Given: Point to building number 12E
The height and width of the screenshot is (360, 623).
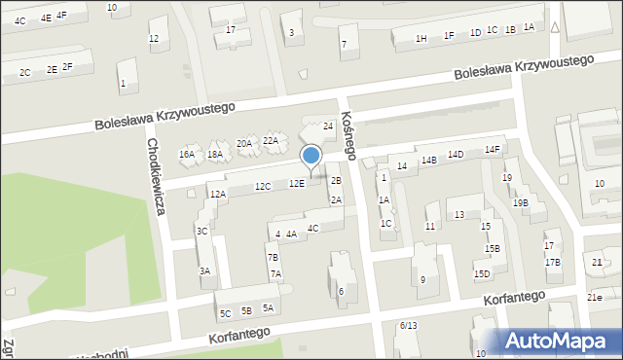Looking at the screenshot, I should click(296, 183).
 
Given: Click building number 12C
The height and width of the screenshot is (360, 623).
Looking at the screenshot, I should click(262, 186).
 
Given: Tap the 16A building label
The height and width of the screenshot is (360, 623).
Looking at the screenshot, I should click(187, 155).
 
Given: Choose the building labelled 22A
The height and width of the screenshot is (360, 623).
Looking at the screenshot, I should click(271, 141).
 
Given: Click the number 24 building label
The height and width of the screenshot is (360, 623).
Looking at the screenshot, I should click(329, 126).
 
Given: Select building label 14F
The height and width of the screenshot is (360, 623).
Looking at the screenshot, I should click(493, 149).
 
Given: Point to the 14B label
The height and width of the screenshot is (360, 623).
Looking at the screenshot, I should click(429, 160).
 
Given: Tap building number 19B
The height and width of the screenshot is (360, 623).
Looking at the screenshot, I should click(521, 202).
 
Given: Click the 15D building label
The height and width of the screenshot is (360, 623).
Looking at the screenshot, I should click(482, 273).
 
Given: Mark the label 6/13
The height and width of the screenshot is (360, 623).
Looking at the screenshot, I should click(408, 325).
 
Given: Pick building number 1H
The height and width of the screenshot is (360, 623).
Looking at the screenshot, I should click(421, 38).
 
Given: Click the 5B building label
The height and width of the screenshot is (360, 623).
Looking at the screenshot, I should click(246, 310).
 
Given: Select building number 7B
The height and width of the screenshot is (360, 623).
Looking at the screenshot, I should click(273, 257).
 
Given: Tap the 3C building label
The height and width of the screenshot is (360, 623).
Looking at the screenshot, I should click(202, 232).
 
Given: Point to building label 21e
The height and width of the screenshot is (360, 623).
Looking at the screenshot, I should click(594, 297).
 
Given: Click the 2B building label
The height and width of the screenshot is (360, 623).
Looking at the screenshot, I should click(336, 181).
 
